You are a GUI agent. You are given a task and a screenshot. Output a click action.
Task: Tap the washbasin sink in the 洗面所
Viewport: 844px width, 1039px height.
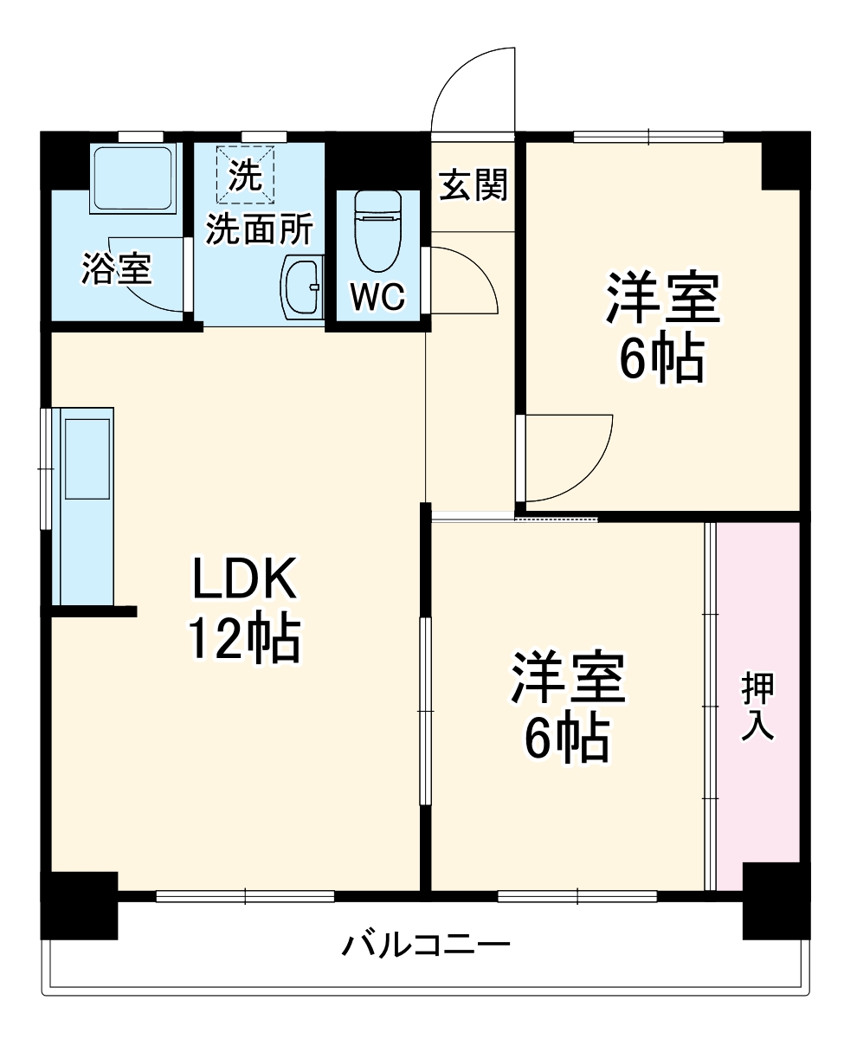(x=301, y=285)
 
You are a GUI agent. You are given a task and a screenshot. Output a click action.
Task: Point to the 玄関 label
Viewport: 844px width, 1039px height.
(x=472, y=185)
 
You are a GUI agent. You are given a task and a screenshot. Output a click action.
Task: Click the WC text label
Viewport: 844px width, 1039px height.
(x=377, y=297)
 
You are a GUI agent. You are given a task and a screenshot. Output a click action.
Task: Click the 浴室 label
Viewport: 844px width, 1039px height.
(x=116, y=268)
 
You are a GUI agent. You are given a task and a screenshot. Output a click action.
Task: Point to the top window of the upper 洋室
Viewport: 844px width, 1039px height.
(x=647, y=136)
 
